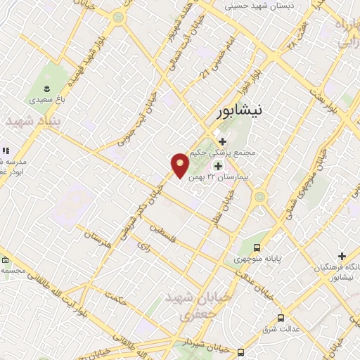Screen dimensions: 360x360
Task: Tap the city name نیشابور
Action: point(239,110)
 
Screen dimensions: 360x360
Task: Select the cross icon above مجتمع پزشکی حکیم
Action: point(223,141)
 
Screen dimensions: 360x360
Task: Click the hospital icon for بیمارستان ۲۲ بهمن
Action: point(218,167)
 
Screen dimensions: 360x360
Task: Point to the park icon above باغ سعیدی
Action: point(46,89)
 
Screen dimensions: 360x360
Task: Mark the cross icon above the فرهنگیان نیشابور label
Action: point(342,257)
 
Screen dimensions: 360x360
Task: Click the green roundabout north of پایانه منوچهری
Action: point(259,197)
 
